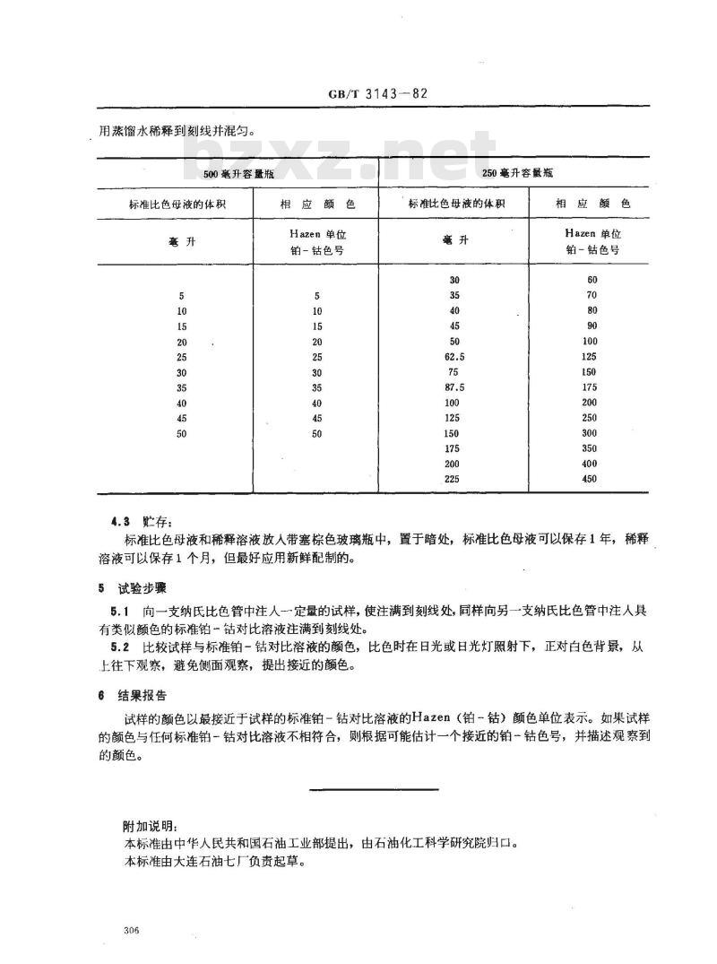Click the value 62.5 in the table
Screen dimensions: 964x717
[x=455, y=356]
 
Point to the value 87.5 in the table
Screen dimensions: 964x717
[x=455, y=386]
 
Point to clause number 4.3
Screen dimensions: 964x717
[x=120, y=521]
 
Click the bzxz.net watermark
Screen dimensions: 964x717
[x=341, y=161]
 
